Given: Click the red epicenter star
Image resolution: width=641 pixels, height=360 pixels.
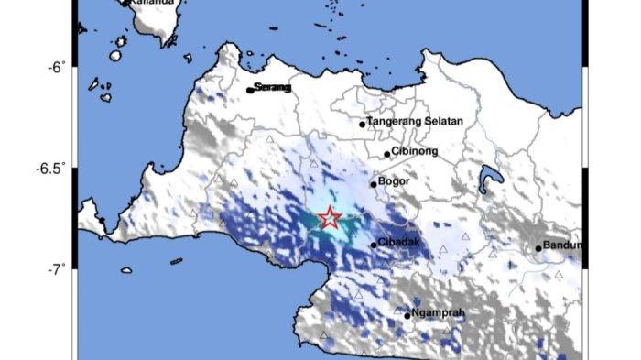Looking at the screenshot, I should point(330,218).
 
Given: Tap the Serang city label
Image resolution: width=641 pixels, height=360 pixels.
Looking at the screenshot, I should point(273,87).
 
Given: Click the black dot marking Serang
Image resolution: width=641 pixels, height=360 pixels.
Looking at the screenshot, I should point(250,90).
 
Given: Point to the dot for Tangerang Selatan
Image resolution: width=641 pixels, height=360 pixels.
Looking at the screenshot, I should point(363,124).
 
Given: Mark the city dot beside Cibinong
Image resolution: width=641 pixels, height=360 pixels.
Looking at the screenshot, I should point(387,154).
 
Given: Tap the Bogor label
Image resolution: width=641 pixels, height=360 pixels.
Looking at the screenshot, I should point(394,181).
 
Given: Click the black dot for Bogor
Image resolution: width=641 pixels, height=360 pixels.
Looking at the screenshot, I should point(374,184).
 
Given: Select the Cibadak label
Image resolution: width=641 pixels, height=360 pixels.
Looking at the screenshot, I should point(399,243).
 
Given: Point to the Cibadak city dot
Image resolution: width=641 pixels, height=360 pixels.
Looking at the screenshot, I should point(374,245).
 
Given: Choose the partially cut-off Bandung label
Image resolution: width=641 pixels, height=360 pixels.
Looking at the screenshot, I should point(563,245).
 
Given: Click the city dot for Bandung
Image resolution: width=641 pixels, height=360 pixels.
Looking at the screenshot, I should point(539,247).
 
